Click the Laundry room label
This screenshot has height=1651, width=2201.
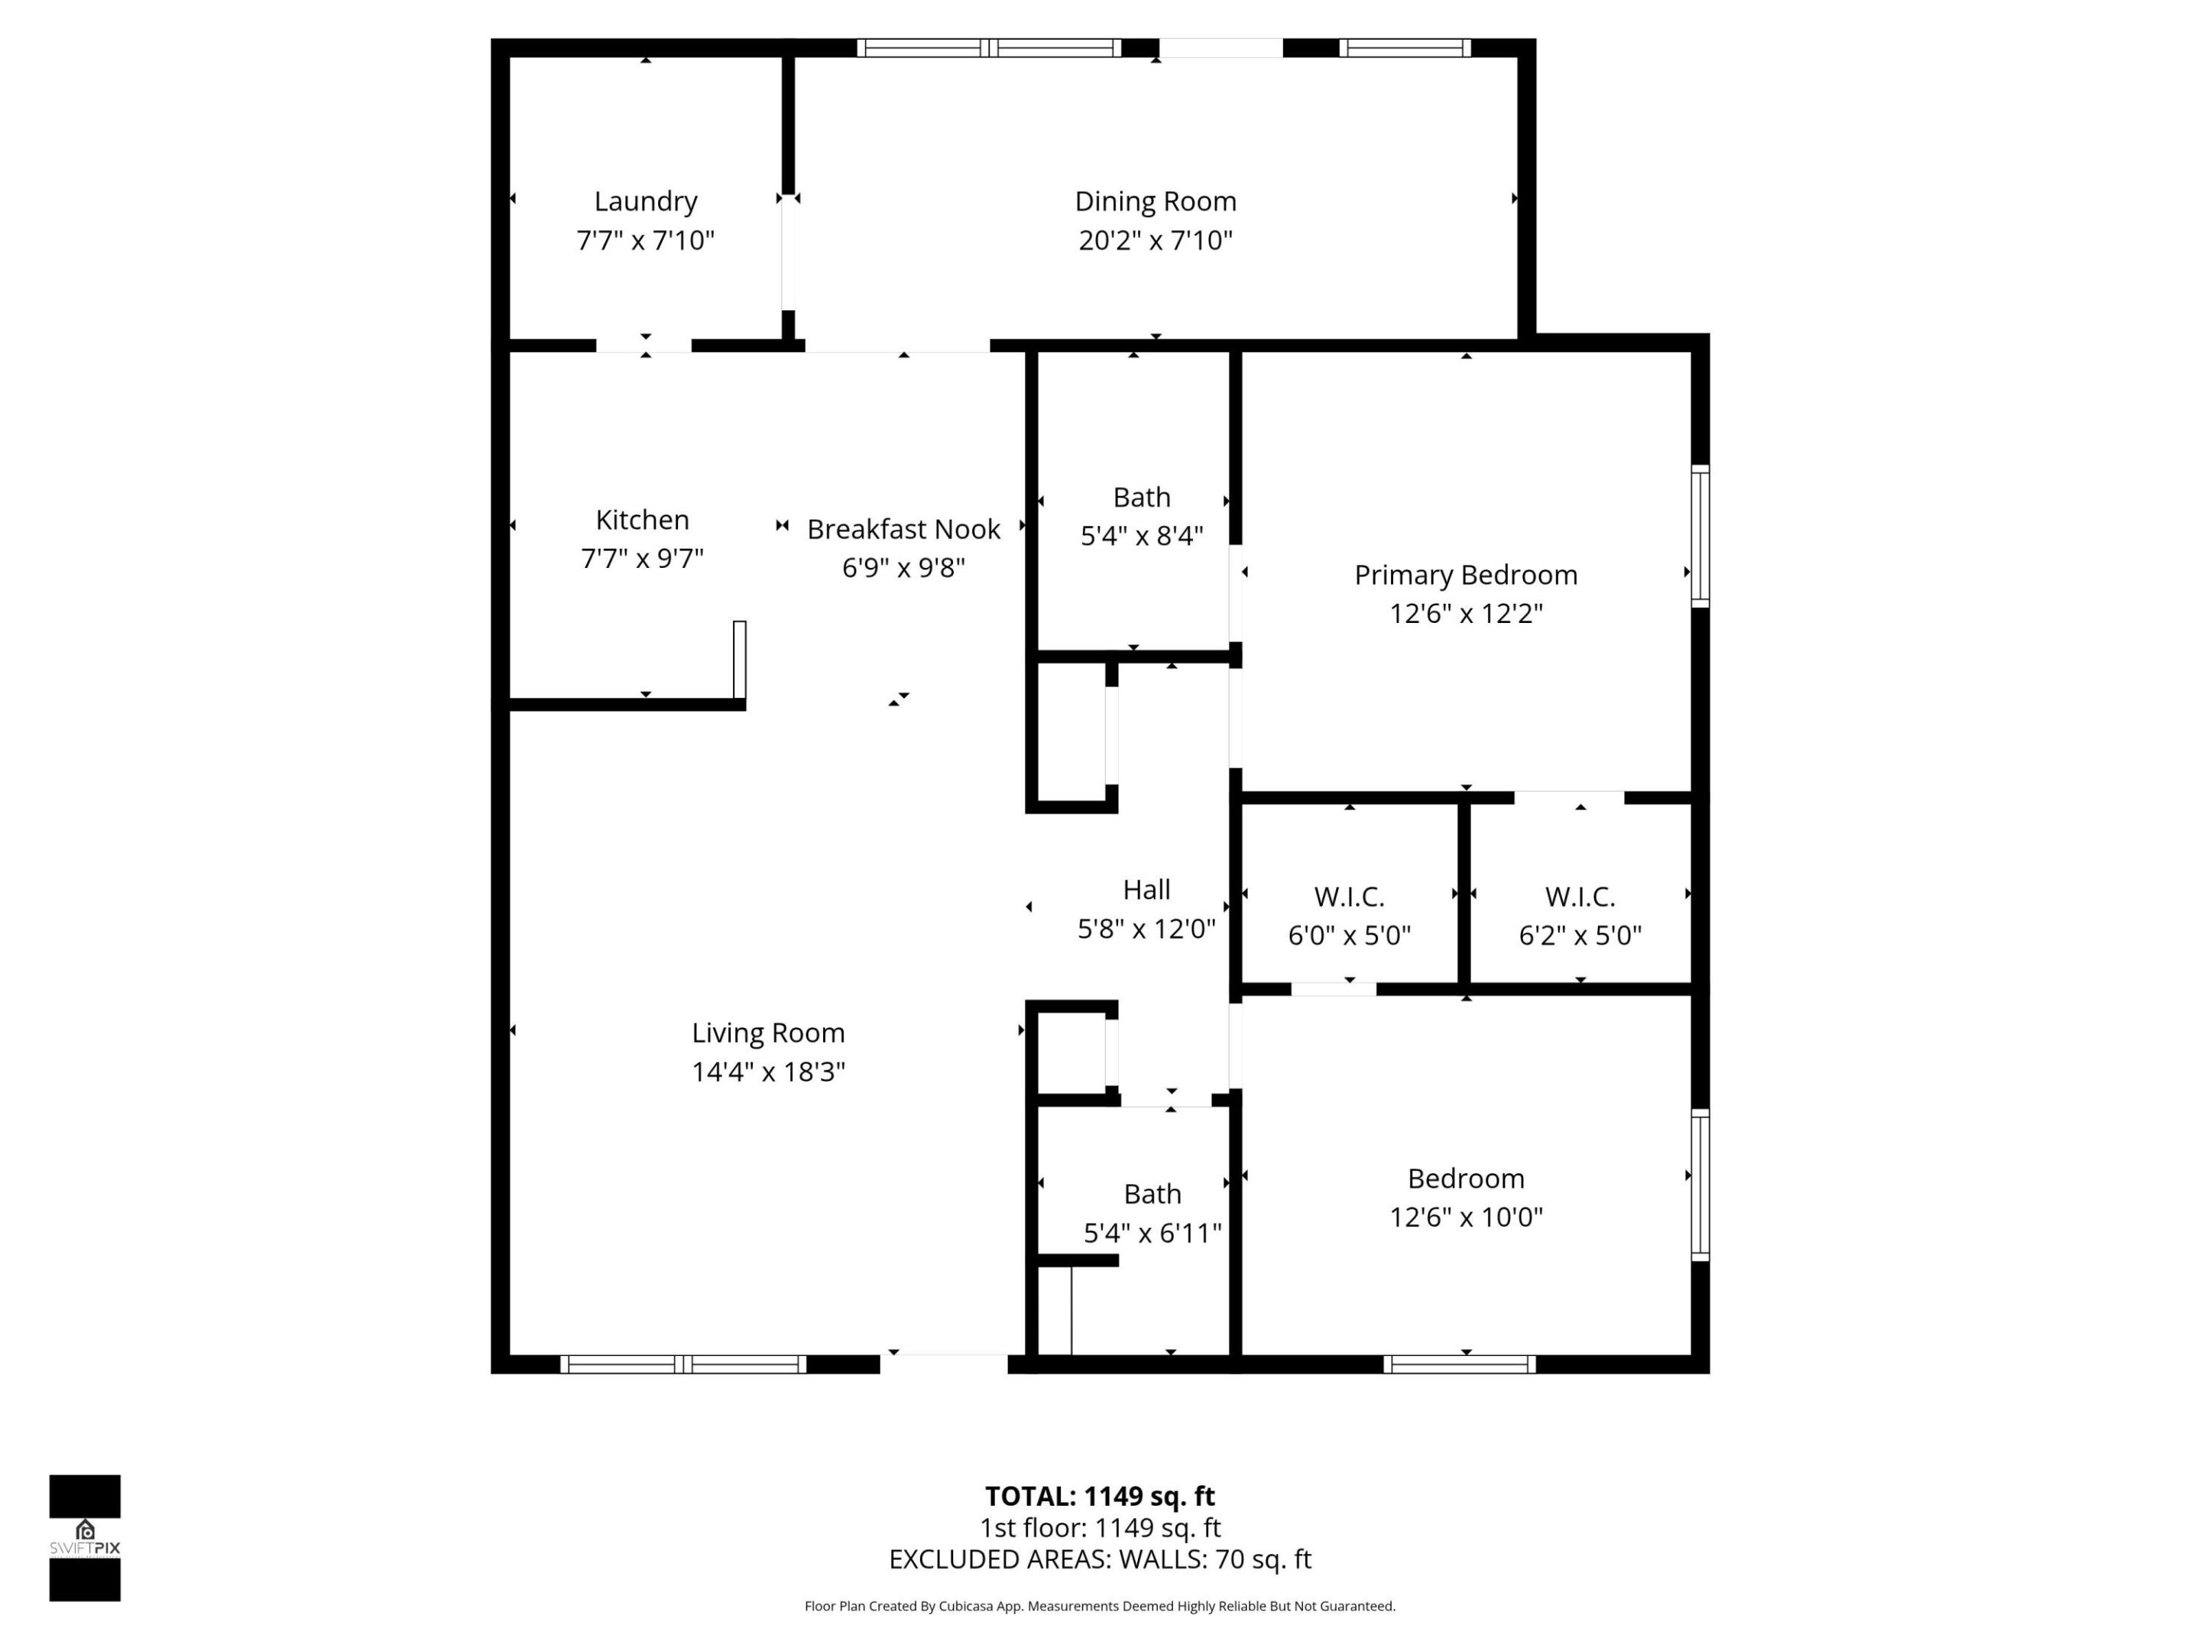coord(645,202)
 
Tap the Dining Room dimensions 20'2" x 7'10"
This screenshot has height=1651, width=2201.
coord(1156,241)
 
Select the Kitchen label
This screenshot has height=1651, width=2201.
coord(642,520)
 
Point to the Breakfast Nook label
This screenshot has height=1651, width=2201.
coord(903,530)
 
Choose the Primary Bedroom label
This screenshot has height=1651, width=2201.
coord(1465,576)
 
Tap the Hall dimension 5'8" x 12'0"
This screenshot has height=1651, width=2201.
coord(1146,929)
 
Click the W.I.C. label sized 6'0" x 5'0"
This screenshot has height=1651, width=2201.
coord(1348,897)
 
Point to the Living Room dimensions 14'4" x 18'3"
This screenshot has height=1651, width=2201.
coord(768,1072)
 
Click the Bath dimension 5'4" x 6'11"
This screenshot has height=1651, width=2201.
coord(1152,1234)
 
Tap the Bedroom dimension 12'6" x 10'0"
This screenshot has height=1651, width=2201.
coord(1466,1217)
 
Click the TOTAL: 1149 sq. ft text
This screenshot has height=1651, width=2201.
coord(1100,1496)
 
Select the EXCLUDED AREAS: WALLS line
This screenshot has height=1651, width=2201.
coord(1100,1559)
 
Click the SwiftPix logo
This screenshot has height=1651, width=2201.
coord(85,1538)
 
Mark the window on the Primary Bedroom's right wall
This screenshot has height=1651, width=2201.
coord(1700,535)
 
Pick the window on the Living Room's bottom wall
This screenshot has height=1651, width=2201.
coord(682,1364)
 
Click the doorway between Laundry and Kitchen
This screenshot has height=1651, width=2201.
coord(643,345)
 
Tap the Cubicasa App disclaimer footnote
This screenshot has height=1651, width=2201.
coord(1100,1606)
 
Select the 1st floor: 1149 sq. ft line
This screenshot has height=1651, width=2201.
coord(1100,1528)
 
